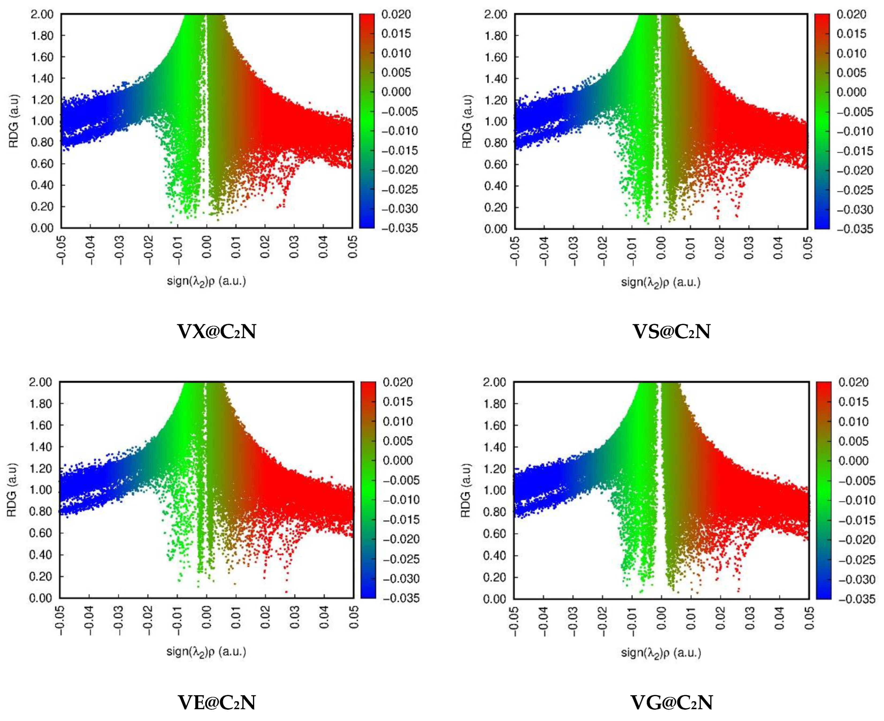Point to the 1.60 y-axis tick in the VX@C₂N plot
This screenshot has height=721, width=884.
pyautogui.click(x=42, y=57)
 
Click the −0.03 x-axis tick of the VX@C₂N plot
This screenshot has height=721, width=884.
pyautogui.click(x=119, y=248)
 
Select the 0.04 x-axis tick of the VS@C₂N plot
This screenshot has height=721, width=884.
pyautogui.click(x=778, y=248)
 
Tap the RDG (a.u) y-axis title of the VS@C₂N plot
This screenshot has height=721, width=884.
pyautogui.click(x=467, y=121)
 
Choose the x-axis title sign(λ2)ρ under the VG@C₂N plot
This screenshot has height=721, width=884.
pyautogui.click(x=661, y=653)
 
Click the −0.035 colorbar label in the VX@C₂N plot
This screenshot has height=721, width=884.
pyautogui.click(x=399, y=228)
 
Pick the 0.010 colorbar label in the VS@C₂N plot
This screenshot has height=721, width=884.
pyautogui.click(x=851, y=53)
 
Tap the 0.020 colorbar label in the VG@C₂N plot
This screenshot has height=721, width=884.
pyautogui.click(x=853, y=382)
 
